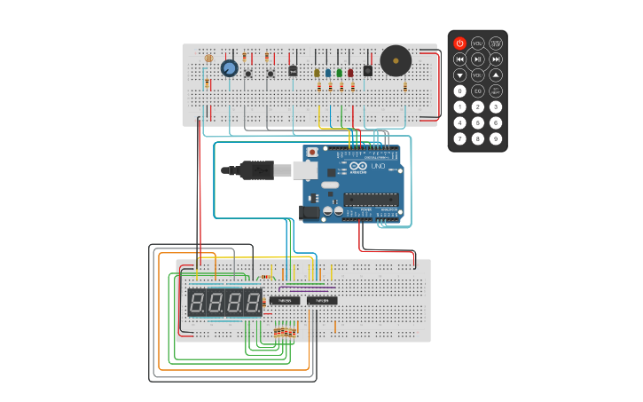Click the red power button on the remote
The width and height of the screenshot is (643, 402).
[459, 43]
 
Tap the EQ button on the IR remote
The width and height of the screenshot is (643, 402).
[478, 91]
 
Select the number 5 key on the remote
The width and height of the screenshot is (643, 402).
[478, 122]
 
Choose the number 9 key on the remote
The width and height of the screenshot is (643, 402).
[496, 138]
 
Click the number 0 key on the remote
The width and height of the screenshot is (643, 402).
[459, 91]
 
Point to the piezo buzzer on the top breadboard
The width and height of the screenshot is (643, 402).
[396, 61]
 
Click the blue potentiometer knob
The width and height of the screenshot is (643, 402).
[229, 68]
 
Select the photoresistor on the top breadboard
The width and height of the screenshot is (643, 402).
[208, 59]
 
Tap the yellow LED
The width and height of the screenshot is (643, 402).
[317, 73]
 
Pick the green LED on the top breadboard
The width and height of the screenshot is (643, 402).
[339, 73]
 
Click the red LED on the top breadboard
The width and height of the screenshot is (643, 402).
[350, 73]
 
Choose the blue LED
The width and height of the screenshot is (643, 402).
[327, 73]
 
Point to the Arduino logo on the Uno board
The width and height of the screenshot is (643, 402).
[357, 166]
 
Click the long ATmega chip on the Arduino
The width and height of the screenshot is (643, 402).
[370, 199]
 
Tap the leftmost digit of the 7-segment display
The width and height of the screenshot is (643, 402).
[197, 303]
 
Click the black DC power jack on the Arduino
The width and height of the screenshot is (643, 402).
[310, 213]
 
